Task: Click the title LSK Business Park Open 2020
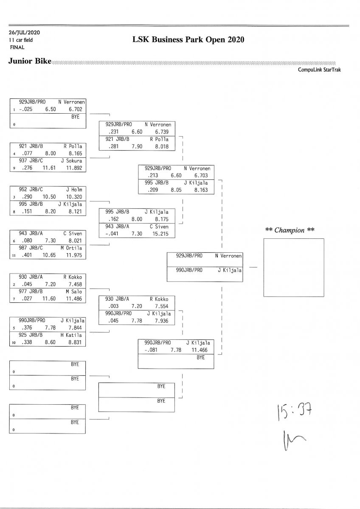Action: (x=188, y=40)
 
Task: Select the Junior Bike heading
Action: (x=30, y=62)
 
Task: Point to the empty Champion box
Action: (x=293, y=267)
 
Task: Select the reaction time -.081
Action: (x=150, y=350)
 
